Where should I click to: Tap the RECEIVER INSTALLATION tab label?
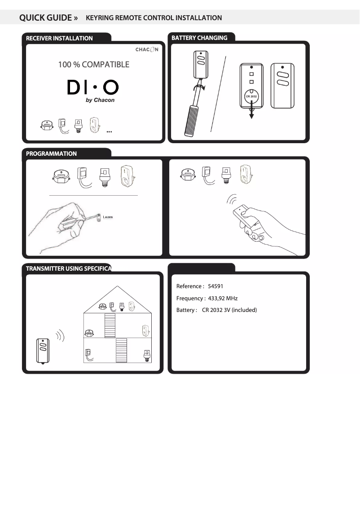click(59, 38)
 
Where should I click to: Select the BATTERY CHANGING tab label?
click(199, 38)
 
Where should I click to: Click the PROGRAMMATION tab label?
click(51, 154)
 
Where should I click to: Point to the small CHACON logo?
click(147, 49)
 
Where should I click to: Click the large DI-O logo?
click(93, 87)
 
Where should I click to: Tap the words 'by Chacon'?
click(100, 100)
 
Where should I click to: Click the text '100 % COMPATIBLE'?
click(94, 64)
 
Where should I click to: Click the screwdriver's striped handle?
click(192, 120)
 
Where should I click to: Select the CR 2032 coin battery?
click(251, 96)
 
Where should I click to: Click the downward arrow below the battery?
click(251, 110)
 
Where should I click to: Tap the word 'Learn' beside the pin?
click(108, 217)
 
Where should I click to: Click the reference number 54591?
click(215, 286)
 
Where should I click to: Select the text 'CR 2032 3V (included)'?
click(229, 310)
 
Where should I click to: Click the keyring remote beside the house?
click(43, 351)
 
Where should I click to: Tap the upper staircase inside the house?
click(110, 325)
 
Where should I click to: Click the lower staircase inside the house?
click(121, 350)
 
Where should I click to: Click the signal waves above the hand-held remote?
click(232, 199)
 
